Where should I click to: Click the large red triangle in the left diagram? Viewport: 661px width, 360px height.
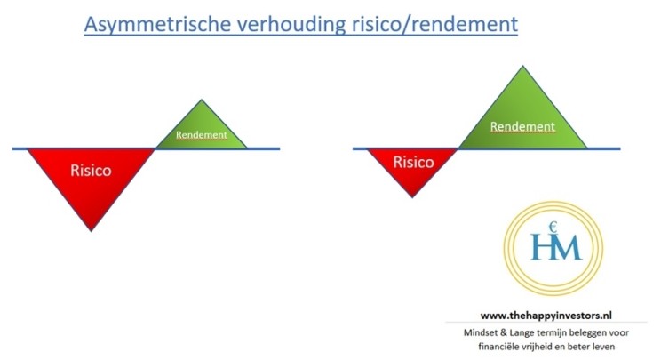[x=91, y=178]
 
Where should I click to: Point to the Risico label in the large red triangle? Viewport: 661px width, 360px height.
[x=91, y=170]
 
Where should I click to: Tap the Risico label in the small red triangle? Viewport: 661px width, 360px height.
[x=413, y=163]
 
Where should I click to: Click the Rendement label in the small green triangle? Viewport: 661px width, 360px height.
[x=202, y=136]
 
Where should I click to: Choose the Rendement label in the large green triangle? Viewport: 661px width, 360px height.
[x=522, y=126]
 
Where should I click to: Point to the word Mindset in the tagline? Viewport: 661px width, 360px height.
[x=481, y=332]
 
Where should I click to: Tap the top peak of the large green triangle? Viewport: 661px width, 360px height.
[x=522, y=67]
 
